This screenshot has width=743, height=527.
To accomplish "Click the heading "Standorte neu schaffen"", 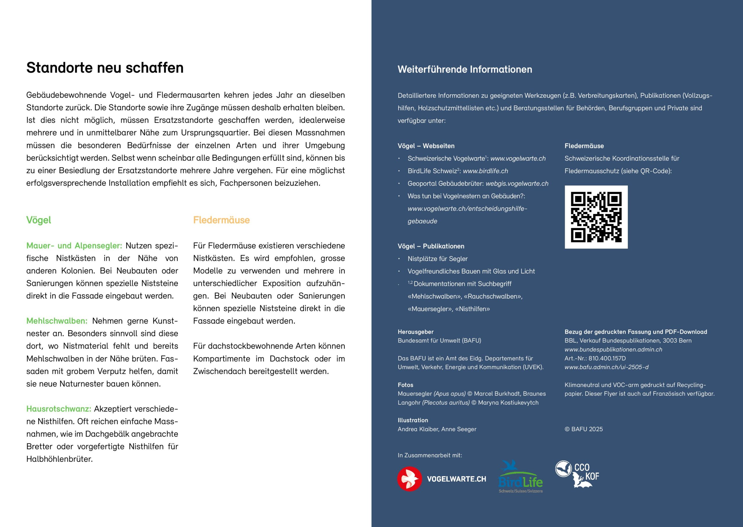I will point(105,68).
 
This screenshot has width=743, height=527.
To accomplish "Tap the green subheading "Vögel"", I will point(39,220).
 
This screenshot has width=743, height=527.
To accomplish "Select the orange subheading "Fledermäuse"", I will point(221,220).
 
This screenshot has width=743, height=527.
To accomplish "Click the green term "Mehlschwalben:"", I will point(57,321).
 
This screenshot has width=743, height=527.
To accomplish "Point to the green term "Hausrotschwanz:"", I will point(59,409).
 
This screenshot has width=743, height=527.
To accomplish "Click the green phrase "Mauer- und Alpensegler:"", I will point(74,246).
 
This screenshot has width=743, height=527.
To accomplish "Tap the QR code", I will point(596,217).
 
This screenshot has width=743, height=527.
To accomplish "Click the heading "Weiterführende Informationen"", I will point(465,69).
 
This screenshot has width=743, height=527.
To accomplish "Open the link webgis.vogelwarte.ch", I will point(517,184).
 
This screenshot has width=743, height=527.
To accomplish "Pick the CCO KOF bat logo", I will point(577,474).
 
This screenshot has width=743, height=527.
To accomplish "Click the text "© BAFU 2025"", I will point(583,429).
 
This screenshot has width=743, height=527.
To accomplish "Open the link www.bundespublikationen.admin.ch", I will point(613,349).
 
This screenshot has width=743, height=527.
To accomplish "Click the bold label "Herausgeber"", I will point(416,332).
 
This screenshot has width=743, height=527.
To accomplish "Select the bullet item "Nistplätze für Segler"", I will point(437,259).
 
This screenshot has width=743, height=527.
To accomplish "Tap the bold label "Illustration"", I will point(413,420).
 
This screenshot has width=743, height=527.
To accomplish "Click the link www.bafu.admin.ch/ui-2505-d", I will point(606,367).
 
